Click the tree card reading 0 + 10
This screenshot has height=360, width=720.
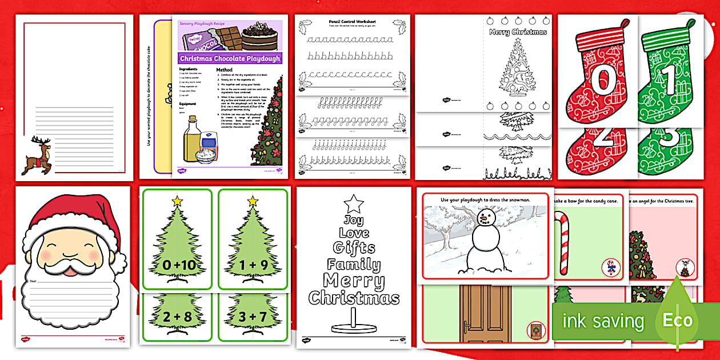[x=175, y=265]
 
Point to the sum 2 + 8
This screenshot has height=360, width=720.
[x=175, y=317]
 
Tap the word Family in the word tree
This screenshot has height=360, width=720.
[x=354, y=264]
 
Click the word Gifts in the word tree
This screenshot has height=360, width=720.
[x=354, y=248]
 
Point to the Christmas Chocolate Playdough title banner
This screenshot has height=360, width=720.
[x=230, y=58]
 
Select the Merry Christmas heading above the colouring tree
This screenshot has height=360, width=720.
[x=518, y=32]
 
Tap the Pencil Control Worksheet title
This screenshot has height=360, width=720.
[x=351, y=22]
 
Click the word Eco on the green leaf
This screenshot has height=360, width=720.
[x=677, y=321]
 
